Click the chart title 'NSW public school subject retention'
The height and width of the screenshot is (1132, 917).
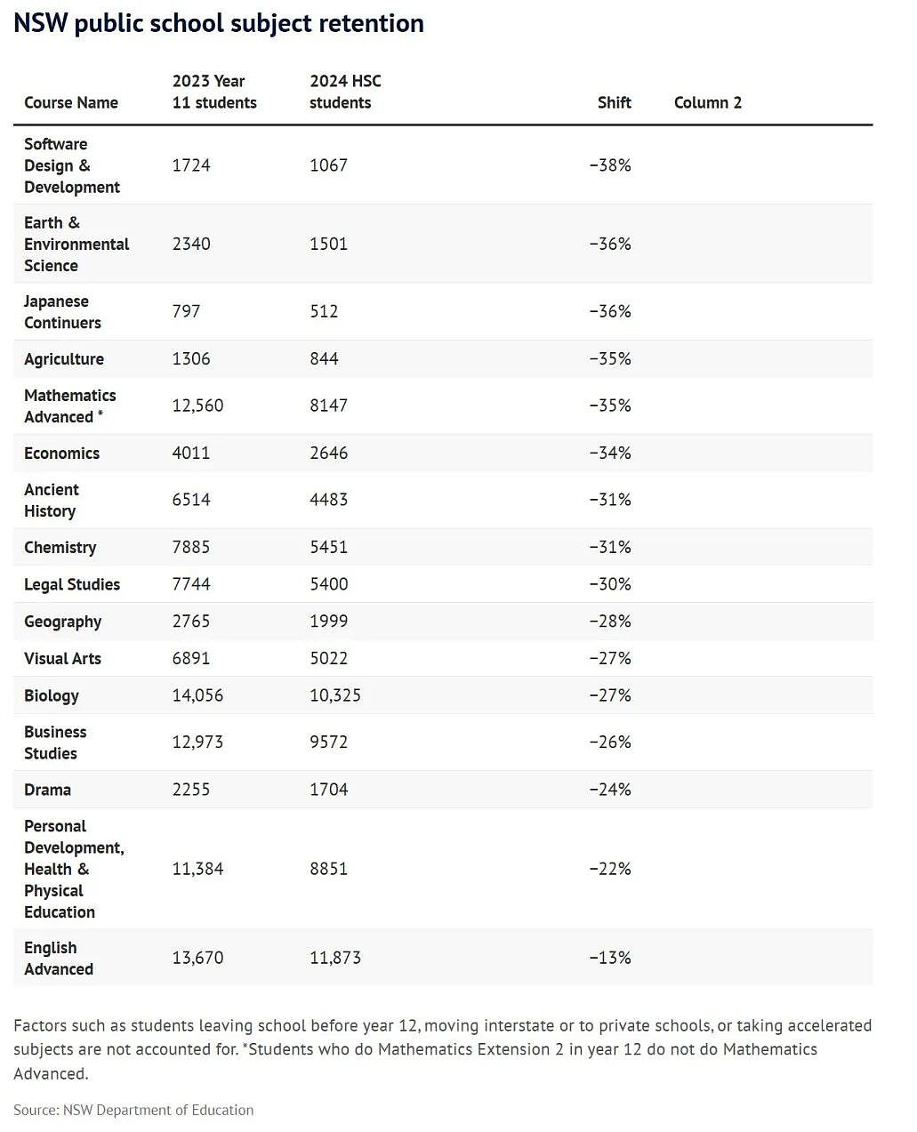pos(219,24)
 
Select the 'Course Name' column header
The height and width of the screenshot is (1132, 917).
pos(71,102)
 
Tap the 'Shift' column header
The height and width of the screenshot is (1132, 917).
pos(614,102)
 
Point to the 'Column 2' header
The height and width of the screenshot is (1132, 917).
pos(708,102)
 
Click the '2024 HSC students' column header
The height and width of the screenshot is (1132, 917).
pos(345,92)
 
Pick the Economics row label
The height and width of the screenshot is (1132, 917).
pos(61,453)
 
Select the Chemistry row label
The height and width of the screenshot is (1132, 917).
pos(60,547)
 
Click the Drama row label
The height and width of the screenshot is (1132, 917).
pos(47,790)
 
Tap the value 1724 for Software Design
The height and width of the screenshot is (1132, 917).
pos(191,165)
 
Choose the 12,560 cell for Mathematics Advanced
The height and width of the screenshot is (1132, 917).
pos(197,405)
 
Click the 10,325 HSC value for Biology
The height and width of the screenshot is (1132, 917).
pos(335,695)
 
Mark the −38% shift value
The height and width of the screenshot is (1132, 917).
pos(610,165)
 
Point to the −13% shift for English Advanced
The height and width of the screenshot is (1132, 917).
pos(610,957)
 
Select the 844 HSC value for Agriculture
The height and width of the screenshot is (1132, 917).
pos(324,358)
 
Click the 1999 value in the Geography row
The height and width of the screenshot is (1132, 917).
pos(328,621)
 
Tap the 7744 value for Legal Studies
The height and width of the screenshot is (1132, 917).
pos(191,583)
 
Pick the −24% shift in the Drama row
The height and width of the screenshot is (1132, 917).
pos(610,790)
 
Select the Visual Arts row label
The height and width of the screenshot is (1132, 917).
pos(62,658)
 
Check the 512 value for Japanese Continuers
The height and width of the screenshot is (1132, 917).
pos(324,311)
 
